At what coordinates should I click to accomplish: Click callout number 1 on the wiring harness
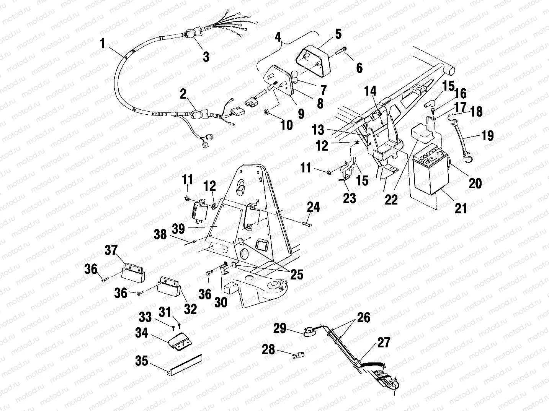[102, 44]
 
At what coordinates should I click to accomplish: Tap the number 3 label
[206, 57]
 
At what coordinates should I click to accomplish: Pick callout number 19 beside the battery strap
[488, 135]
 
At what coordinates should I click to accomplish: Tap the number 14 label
[370, 91]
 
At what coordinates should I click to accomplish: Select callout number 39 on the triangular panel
[179, 229]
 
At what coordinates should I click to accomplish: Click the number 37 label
[111, 251]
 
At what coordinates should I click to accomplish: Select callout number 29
[280, 328]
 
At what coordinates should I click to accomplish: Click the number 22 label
[391, 199]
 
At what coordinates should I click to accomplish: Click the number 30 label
[221, 302]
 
